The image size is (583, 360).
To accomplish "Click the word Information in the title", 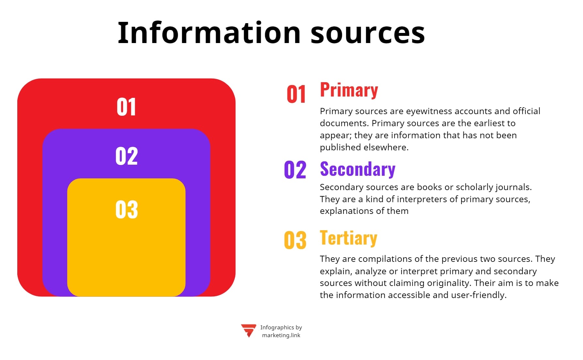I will (x=209, y=33).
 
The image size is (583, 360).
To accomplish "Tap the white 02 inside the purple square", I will (x=127, y=156).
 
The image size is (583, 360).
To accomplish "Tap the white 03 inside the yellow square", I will (x=127, y=209).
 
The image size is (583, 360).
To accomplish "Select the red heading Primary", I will (x=349, y=90).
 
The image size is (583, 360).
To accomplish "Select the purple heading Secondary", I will (x=358, y=169).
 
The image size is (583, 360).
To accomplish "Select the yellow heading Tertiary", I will (x=348, y=238).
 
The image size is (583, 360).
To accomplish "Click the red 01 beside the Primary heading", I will (x=296, y=95).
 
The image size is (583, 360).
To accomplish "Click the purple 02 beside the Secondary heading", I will (x=295, y=170).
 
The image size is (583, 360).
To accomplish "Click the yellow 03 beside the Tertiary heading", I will (x=295, y=240).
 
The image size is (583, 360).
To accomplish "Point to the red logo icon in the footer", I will (x=249, y=330).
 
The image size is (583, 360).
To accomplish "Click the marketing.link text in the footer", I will (x=281, y=335).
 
